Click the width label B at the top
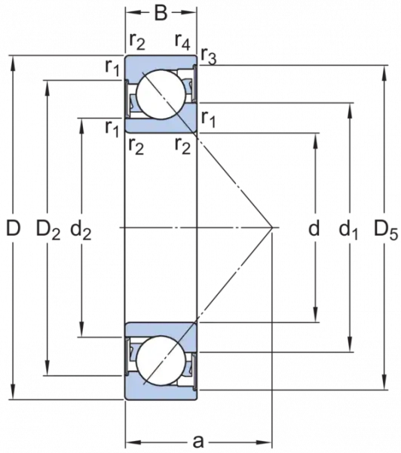(x=161, y=13)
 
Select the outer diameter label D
(x=14, y=228)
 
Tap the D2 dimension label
(x=48, y=230)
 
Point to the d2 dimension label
(x=81, y=230)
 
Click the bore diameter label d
(x=314, y=228)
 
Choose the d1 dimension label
(x=348, y=230)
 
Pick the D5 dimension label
(x=386, y=230)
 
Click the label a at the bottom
(x=198, y=441)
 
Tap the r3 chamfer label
(x=208, y=55)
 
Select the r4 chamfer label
(x=182, y=42)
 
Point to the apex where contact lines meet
(x=272, y=228)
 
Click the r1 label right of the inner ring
(x=208, y=119)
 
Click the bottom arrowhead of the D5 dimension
(x=384, y=383)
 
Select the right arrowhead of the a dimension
(x=264, y=442)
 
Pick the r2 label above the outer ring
(x=136, y=42)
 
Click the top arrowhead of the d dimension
(x=316, y=140)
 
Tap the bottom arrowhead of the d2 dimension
(x=82, y=329)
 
